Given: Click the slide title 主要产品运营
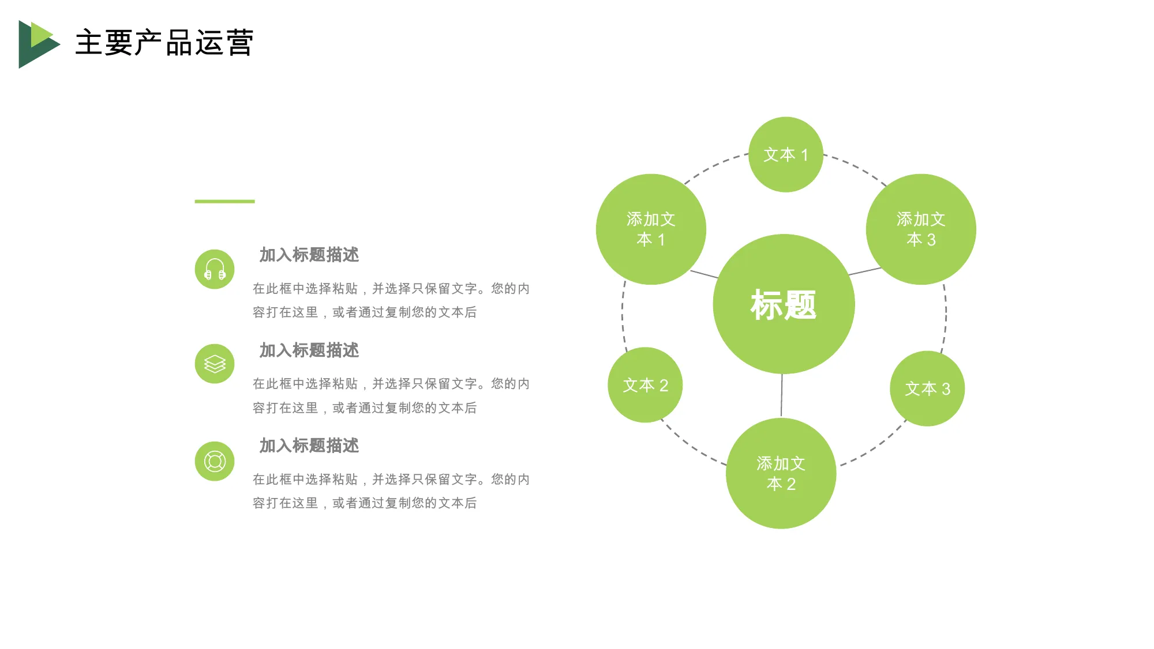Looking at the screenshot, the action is point(164,43).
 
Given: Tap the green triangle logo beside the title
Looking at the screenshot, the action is point(38,44).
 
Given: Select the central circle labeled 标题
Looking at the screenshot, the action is point(784,304).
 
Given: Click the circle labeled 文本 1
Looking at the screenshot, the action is point(786,154).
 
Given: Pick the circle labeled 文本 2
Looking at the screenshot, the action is point(645,385).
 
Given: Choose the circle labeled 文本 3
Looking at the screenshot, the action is point(927,388).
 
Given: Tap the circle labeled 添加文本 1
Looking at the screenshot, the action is point(651,229).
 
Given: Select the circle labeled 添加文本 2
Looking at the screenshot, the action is point(781,473).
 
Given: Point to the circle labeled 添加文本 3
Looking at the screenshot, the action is point(921,229).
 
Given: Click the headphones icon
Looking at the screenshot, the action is point(215,269).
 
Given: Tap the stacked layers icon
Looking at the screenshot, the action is point(215,364).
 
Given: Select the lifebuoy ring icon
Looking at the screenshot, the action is point(215,461).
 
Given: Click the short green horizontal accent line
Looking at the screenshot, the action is point(224,201).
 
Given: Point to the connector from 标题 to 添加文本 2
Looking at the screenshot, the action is point(782,395).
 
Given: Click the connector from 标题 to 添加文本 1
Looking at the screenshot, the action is point(705,274).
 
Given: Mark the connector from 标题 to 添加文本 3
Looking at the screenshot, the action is point(865,271).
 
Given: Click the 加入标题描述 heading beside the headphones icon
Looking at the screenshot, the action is point(309,255).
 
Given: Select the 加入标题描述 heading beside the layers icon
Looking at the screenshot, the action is point(309,350).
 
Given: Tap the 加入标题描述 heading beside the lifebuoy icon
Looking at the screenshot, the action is point(309,446).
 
